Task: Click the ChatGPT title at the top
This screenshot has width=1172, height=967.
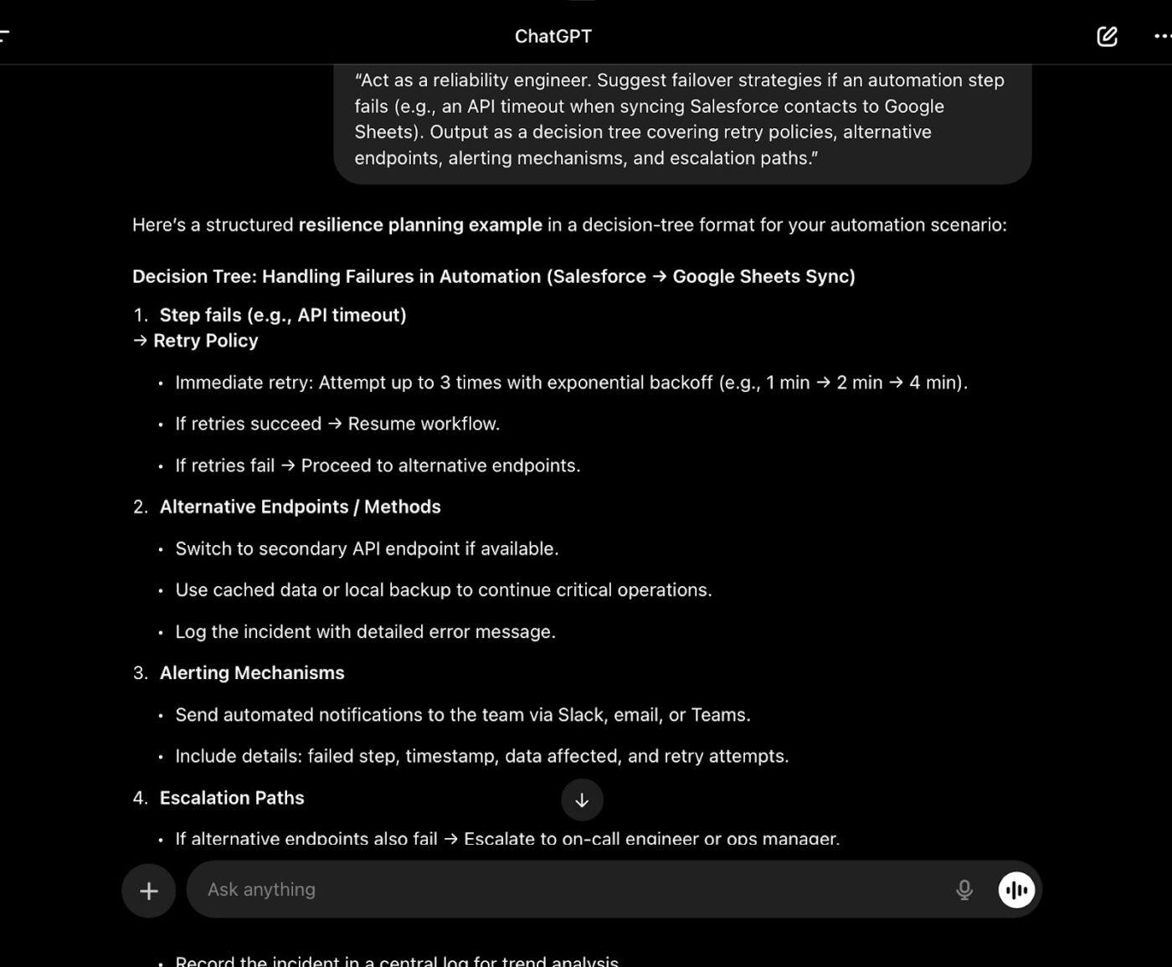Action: (553, 36)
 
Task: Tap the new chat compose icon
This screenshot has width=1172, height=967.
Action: (1107, 36)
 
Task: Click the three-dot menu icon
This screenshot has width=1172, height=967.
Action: (1162, 36)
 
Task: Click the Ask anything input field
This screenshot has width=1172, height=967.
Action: (569, 889)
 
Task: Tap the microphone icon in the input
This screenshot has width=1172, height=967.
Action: (964, 889)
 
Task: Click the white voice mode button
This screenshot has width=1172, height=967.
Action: (1016, 889)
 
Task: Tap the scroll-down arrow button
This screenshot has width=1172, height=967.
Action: (582, 800)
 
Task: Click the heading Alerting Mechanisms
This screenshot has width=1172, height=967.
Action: (252, 673)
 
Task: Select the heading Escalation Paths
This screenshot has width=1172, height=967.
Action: (232, 798)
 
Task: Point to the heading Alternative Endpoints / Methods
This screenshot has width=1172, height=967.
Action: (300, 507)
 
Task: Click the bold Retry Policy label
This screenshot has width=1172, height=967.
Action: (205, 341)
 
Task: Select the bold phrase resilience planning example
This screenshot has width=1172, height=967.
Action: (420, 225)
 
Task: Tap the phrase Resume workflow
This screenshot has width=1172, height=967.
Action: (424, 424)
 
